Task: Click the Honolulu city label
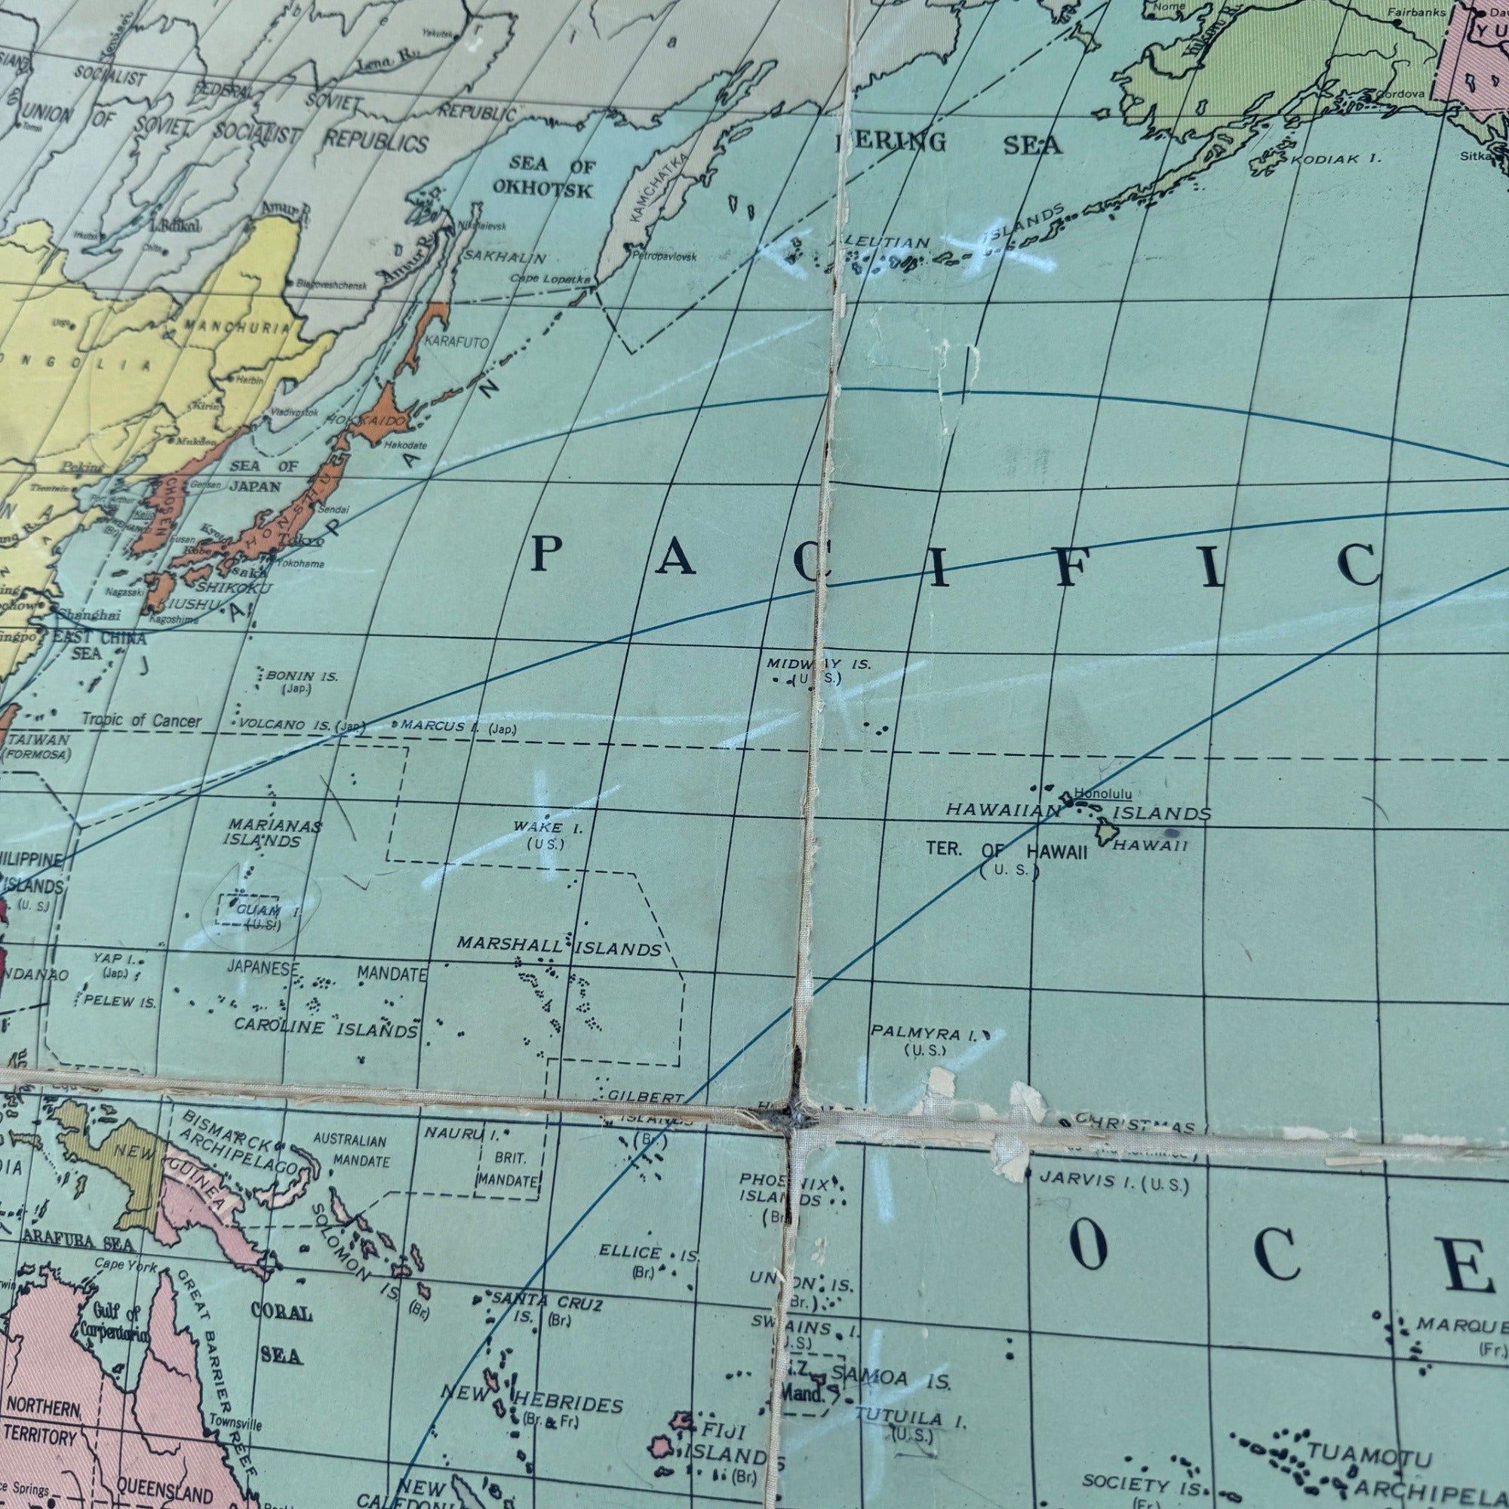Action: (1103, 794)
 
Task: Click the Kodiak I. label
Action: (1335, 159)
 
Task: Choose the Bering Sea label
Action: (949, 143)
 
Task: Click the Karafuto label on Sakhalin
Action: (457, 343)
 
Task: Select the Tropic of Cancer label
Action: (141, 720)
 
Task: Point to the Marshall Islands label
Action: (558, 947)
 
